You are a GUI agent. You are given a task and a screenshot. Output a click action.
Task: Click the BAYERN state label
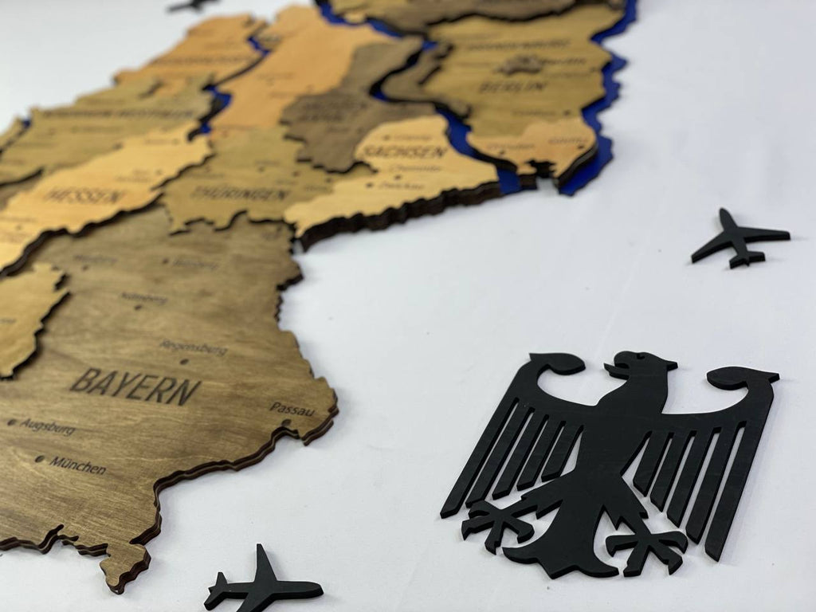[x=135, y=386]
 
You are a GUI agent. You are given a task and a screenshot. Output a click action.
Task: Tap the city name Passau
[x=292, y=408]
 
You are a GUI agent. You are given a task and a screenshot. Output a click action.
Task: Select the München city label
[x=77, y=465]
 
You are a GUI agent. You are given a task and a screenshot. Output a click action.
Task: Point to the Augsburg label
[x=48, y=427]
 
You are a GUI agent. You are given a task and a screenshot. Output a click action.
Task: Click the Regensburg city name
[x=193, y=347]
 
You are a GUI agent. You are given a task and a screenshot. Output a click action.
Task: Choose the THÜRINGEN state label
[x=240, y=193]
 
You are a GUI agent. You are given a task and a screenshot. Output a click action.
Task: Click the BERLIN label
[x=523, y=84]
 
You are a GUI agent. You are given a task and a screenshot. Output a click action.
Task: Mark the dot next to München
[x=41, y=459]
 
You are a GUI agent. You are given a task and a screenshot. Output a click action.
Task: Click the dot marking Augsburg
[x=11, y=422]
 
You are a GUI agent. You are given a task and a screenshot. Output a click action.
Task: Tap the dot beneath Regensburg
[x=184, y=361]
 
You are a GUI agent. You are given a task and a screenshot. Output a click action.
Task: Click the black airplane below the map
[x=263, y=588]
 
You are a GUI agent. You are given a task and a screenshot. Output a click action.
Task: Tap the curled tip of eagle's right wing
[x=745, y=376]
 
